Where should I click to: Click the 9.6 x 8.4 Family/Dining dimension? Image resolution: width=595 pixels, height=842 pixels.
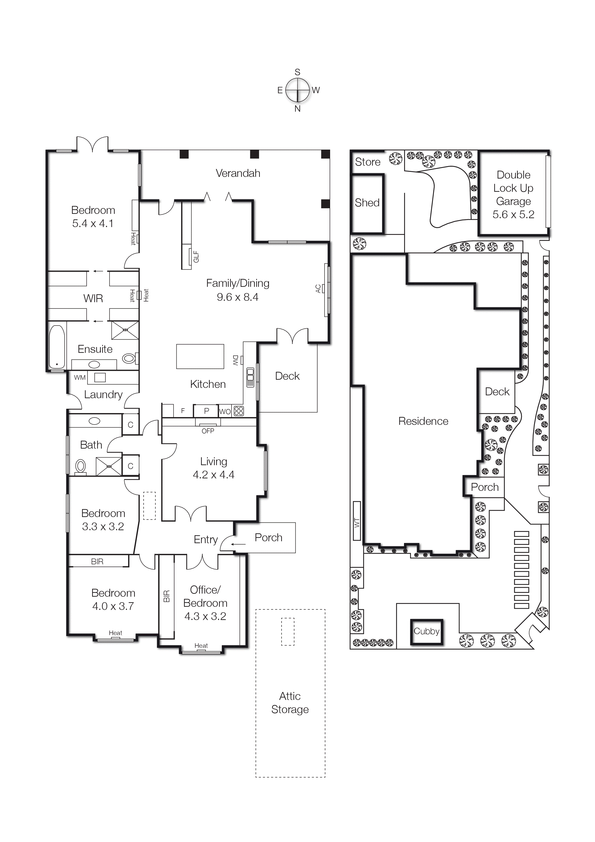pyautogui.click(x=238, y=297)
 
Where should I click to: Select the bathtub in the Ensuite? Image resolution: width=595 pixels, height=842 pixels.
pyautogui.click(x=57, y=347)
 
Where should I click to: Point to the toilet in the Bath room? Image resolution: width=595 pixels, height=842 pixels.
pyautogui.click(x=81, y=466)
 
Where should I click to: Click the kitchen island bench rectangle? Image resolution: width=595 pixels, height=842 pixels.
pyautogui.click(x=200, y=356)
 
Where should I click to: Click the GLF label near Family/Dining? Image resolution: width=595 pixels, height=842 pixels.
pyautogui.click(x=196, y=257)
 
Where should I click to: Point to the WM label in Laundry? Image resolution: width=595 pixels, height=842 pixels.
pyautogui.click(x=80, y=377)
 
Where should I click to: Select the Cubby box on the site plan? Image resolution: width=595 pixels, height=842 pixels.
pyautogui.click(x=427, y=631)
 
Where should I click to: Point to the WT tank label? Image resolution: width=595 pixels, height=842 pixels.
pyautogui.click(x=357, y=523)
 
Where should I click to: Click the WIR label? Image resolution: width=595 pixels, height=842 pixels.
pyautogui.click(x=93, y=299)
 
